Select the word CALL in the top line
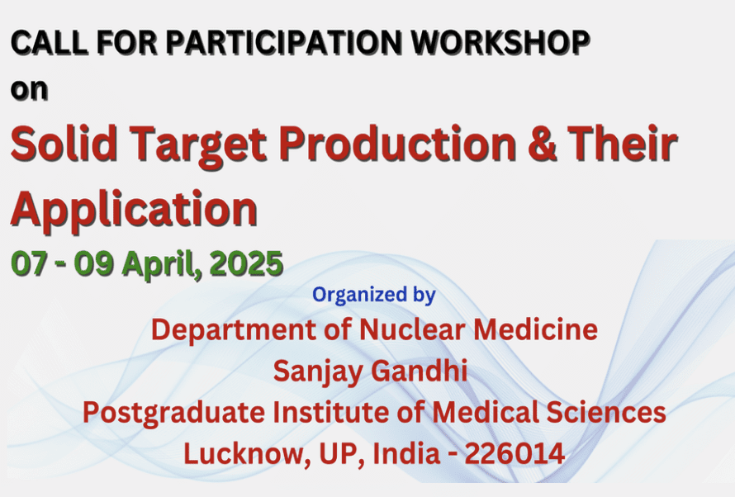click(x=50, y=43)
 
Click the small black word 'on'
click(x=29, y=89)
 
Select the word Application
click(x=134, y=211)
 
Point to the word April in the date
click(x=162, y=265)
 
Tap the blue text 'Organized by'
click(x=374, y=295)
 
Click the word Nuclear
click(x=413, y=329)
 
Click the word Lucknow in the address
click(x=248, y=453)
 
